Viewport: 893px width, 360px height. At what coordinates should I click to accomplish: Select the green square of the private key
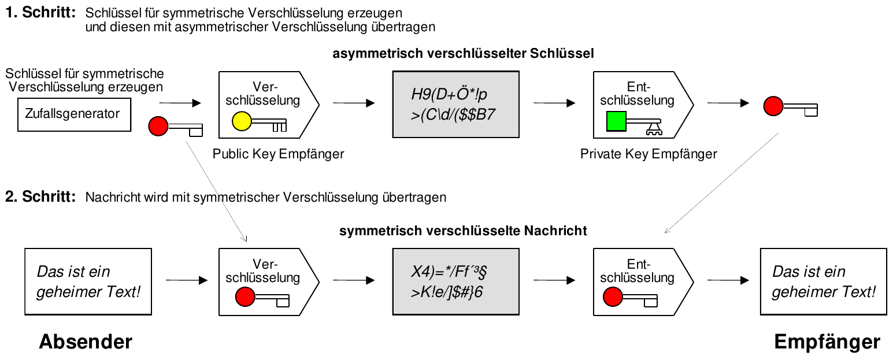616,121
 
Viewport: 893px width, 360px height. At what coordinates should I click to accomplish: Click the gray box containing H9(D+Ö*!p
454,104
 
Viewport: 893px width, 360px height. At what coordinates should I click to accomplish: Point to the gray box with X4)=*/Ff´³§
454,281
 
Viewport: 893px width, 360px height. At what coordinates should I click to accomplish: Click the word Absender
86,342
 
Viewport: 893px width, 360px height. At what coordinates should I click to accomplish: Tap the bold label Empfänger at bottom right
827,342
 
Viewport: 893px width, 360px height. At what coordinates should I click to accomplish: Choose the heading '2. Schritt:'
40,196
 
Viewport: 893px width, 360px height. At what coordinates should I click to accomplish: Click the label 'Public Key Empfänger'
279,154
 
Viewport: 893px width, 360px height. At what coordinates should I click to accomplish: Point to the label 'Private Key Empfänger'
649,154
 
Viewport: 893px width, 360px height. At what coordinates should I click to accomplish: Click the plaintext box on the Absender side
88,281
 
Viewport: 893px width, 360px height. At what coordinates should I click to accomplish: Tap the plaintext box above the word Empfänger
823,281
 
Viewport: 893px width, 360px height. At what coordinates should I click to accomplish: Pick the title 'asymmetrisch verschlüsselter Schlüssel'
464,54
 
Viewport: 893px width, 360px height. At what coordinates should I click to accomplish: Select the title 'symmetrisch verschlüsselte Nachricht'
464,231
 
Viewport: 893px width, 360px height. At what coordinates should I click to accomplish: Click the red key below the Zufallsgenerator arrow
176,127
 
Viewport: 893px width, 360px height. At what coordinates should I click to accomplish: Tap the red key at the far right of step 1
790,107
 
